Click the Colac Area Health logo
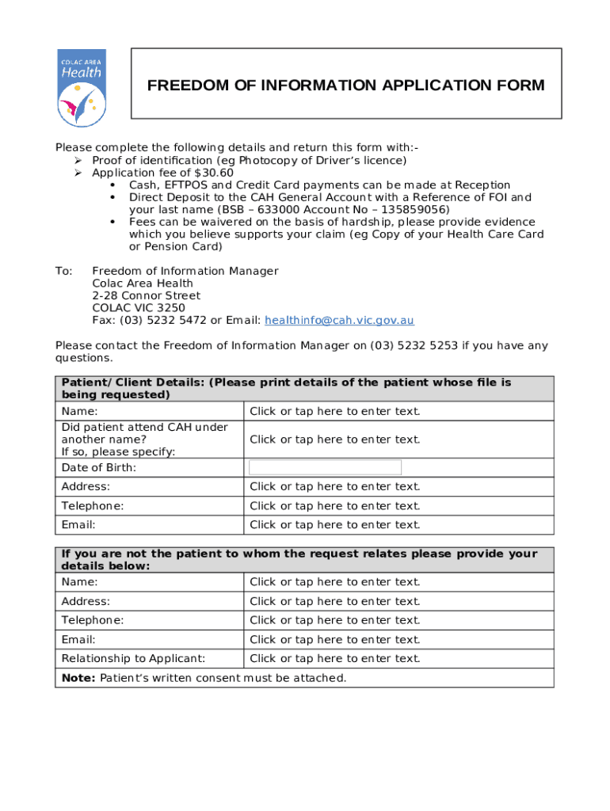tap(82, 87)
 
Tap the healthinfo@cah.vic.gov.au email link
tap(339, 321)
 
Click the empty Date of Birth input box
tap(325, 467)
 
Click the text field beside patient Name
tap(335, 411)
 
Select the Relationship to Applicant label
tap(133, 659)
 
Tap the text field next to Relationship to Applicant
tap(335, 659)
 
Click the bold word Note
tap(78, 678)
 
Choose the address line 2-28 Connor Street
tap(146, 296)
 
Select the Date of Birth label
tap(99, 468)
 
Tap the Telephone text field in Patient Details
tap(335, 506)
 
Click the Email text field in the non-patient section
tap(335, 640)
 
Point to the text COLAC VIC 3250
tap(139, 308)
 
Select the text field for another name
tap(335, 440)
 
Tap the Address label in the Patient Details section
tap(86, 487)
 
